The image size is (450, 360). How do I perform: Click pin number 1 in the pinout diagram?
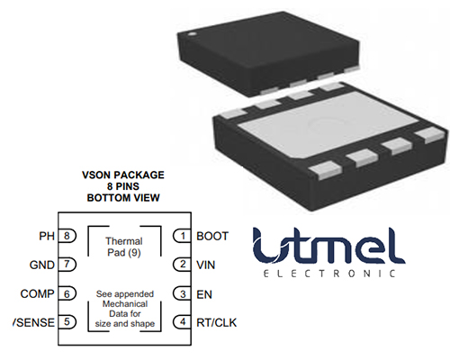(183, 236)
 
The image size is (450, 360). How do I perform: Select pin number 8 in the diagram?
(67, 236)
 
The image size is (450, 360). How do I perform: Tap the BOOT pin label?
(212, 236)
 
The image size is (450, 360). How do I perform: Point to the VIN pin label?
(206, 265)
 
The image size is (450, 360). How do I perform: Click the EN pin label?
(204, 294)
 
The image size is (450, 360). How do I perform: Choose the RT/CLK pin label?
(217, 323)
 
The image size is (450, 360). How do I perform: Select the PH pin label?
(47, 236)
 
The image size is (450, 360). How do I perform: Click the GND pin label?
(42, 265)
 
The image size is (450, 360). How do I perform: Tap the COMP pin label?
(37, 293)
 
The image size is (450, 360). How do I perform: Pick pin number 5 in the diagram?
(67, 322)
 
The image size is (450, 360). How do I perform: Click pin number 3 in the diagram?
(183, 294)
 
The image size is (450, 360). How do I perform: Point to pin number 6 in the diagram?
(67, 294)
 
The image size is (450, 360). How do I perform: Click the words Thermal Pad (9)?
(124, 247)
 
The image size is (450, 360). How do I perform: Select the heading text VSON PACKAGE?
(123, 175)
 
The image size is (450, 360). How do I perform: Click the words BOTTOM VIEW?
(123, 198)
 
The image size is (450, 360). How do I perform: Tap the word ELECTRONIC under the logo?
(329, 274)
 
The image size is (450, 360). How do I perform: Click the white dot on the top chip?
(191, 34)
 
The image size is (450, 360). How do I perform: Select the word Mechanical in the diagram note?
(125, 304)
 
